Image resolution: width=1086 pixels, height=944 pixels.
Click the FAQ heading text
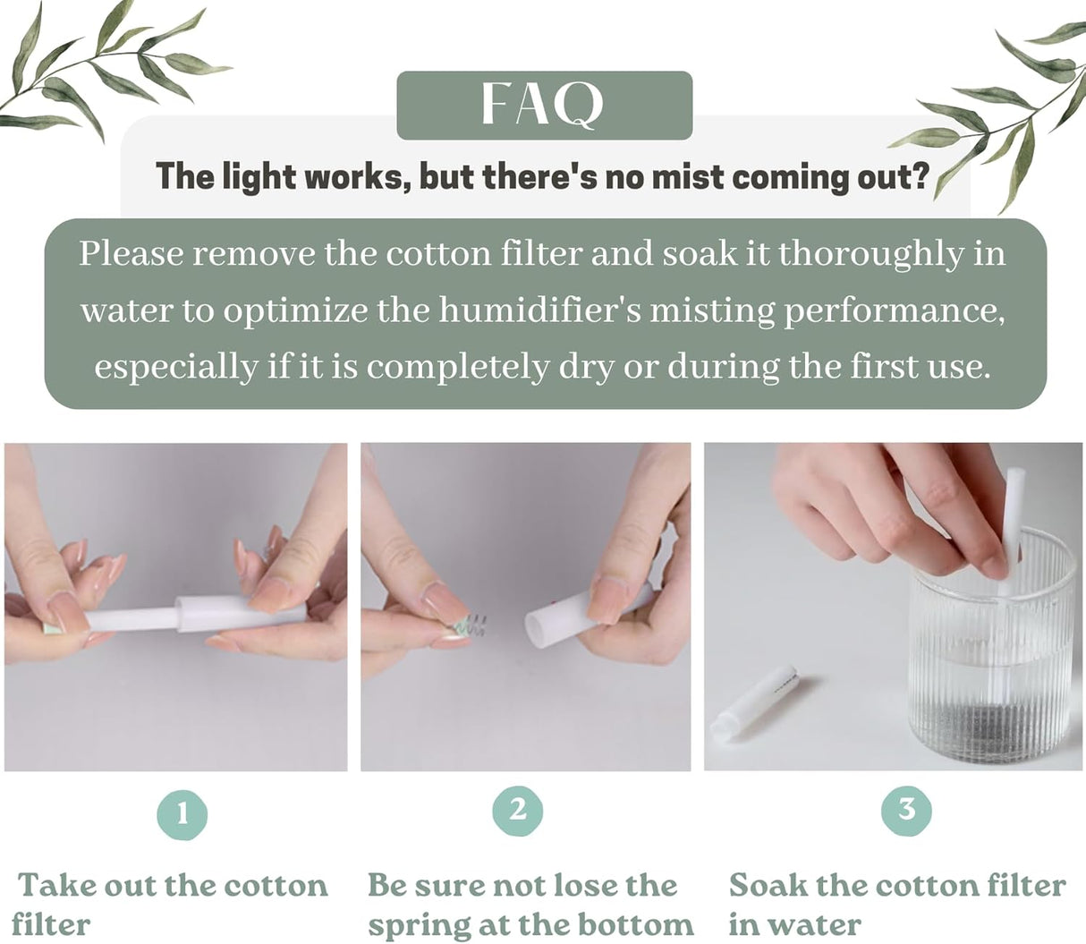pyautogui.click(x=543, y=105)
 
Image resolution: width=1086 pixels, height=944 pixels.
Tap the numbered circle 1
pyautogui.click(x=182, y=813)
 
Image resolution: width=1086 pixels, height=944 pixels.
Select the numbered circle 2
pyautogui.click(x=518, y=810)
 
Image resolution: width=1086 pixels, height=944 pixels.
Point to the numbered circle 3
pyautogui.click(x=906, y=810)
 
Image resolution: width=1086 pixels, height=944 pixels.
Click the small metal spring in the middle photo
pyautogui.click(x=473, y=624)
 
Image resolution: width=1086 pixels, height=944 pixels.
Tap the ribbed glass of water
pyautogui.click(x=993, y=662)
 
